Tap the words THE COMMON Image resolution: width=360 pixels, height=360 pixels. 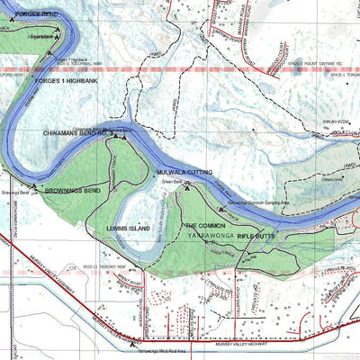[x=205, y=225]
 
